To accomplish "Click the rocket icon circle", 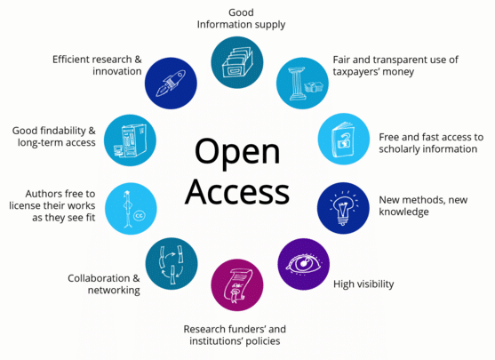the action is [x=171, y=84].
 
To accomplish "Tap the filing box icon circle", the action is [x=237, y=62].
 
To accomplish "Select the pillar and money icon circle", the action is [x=302, y=84].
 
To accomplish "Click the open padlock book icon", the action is [x=343, y=140].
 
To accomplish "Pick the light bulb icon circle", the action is [x=343, y=208].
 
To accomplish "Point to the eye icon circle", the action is [x=304, y=264].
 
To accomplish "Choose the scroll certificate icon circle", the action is [x=237, y=285].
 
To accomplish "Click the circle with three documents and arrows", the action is [x=172, y=264].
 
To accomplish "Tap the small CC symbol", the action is [x=140, y=216].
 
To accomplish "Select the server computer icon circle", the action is [x=130, y=140].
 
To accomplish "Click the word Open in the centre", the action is [x=237, y=153].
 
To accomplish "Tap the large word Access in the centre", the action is [x=237, y=192].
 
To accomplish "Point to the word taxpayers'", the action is [x=355, y=72].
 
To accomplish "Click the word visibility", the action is [x=376, y=284].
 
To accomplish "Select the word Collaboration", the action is [x=99, y=278].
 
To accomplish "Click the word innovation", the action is [x=117, y=71].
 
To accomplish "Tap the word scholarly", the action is [x=399, y=149].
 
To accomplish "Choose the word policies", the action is [x=263, y=341].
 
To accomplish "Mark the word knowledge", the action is [x=403, y=212].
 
